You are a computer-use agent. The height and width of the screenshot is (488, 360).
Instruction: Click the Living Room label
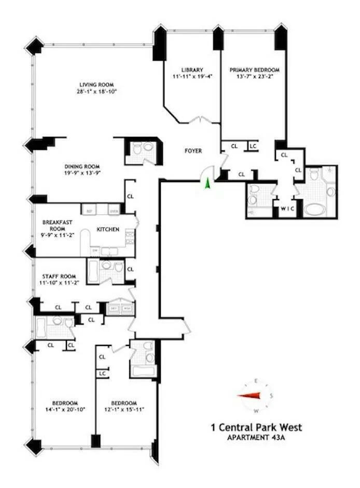[x=96, y=85]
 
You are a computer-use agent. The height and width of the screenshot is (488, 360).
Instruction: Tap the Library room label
[x=192, y=69]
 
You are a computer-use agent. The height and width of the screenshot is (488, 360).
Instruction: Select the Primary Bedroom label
[x=255, y=69]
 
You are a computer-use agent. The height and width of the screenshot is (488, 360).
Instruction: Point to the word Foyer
[x=193, y=151]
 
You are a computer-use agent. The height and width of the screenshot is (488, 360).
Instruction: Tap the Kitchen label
[x=108, y=229]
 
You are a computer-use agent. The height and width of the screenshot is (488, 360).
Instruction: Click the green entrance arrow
[x=207, y=183]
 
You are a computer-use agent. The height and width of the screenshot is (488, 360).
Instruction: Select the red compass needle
[x=250, y=396]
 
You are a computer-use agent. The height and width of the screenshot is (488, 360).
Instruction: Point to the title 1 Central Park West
[x=256, y=428]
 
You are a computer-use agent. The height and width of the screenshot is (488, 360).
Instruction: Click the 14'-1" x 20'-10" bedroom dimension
[x=65, y=409]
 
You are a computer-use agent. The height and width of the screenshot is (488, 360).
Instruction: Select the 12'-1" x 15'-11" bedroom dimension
[x=124, y=409]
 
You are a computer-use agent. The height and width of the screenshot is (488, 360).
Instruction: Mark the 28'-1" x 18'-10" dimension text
[x=96, y=91]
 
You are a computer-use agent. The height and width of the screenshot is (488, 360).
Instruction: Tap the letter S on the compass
[x=271, y=395]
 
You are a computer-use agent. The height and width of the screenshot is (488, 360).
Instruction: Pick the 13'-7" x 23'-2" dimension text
[x=255, y=76]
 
